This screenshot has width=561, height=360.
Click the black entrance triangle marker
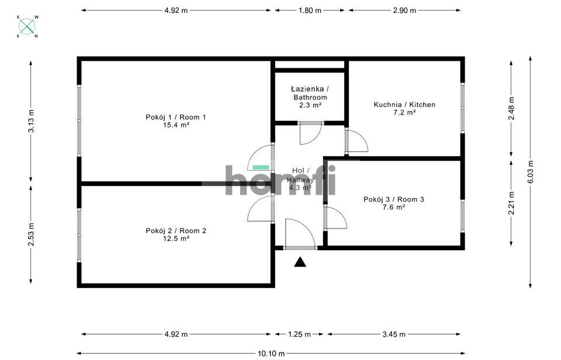pyautogui.click(x=300, y=262)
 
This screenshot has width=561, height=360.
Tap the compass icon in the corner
pyautogui.click(x=27, y=26)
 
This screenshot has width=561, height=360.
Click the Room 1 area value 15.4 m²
pyautogui.click(x=176, y=125)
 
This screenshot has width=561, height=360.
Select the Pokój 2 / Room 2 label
pyautogui.click(x=176, y=231)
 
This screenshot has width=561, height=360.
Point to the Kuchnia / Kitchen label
pyautogui.click(x=404, y=105)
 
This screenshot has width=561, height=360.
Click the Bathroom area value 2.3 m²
pyautogui.click(x=310, y=105)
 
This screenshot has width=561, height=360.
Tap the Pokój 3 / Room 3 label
pyautogui.click(x=394, y=199)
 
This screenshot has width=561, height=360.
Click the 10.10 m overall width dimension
pyautogui.click(x=271, y=354)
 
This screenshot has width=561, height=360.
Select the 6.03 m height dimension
pyautogui.click(x=531, y=172)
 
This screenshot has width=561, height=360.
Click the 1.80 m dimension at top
pyautogui.click(x=310, y=11)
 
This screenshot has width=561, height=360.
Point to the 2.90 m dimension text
pyautogui.click(x=404, y=11)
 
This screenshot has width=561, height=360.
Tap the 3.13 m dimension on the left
pyautogui.click(x=31, y=121)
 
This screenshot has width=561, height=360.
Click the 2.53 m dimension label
pyautogui.click(x=31, y=235)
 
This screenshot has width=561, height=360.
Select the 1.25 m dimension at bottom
pyautogui.click(x=299, y=334)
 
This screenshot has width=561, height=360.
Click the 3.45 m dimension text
pyautogui.click(x=394, y=334)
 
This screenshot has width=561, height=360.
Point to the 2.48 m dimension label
pyautogui.click(x=511, y=109)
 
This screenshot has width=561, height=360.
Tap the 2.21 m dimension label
pyautogui.click(x=511, y=203)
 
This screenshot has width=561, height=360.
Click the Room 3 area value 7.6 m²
pyautogui.click(x=394, y=207)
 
